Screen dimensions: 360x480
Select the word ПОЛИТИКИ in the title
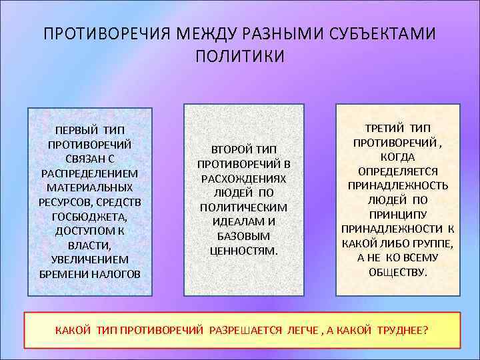click(240, 56)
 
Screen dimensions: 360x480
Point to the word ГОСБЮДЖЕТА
click(89, 216)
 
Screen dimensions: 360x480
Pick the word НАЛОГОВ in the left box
click(114, 274)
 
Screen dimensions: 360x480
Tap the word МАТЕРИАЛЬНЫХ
click(89, 187)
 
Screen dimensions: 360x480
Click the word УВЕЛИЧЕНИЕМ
click(89, 259)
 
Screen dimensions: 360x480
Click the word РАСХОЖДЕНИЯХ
click(243, 179)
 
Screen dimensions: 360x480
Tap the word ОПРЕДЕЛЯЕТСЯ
click(397, 171)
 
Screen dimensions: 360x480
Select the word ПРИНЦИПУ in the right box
click(397, 214)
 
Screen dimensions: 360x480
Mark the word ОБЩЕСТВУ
click(397, 272)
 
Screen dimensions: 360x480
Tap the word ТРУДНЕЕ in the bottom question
click(402, 331)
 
